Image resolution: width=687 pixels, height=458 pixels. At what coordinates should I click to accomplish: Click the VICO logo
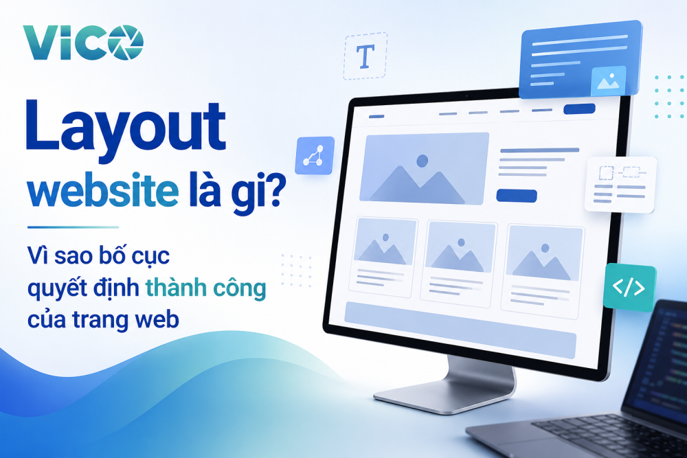pos(83,43)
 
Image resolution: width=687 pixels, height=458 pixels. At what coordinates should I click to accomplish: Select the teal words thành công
pos(205,288)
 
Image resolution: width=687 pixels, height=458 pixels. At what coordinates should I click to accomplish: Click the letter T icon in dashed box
pos(365,56)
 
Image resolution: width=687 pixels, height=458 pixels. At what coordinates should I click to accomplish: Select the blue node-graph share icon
pos(315,155)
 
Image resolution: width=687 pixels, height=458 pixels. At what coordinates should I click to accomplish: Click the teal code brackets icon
pos(629,288)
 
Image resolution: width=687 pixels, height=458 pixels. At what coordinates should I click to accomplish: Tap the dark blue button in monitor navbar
pos(579,109)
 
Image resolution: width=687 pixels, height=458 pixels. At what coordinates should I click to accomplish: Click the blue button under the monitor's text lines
pos(517,196)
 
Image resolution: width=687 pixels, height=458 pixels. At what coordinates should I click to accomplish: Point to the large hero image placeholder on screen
pos(424,169)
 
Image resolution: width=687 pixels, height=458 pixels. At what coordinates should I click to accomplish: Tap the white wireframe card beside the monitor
pos(620,184)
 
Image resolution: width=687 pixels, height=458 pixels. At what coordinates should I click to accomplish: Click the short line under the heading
pos(74,227)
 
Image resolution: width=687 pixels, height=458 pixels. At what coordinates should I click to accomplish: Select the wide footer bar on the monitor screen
pos(460,330)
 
